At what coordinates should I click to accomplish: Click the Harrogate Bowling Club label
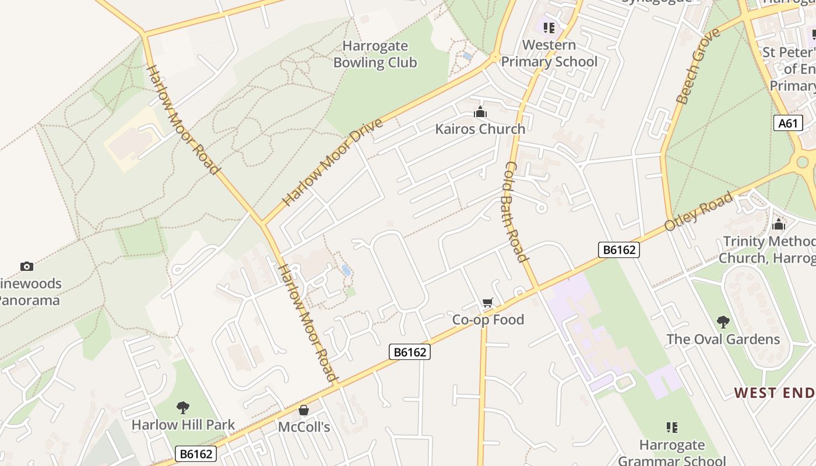tap(375, 54)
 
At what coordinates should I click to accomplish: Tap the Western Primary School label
tap(549, 53)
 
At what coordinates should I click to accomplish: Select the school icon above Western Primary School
tap(548, 27)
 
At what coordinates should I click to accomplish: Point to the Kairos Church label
tap(480, 129)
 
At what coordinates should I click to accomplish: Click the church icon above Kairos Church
tap(480, 112)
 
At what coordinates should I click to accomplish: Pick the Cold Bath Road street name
tap(515, 211)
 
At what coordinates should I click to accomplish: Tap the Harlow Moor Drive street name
tap(333, 162)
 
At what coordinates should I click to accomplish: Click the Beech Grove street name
tap(698, 66)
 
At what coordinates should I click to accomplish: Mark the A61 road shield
tap(788, 123)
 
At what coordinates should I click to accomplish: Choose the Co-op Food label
tap(488, 319)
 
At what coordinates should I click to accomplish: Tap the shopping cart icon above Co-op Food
tap(488, 302)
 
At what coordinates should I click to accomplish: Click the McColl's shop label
tap(304, 427)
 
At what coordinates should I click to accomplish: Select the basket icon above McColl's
tap(304, 410)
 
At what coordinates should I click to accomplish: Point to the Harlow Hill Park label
tap(183, 424)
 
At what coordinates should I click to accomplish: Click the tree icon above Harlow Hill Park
tap(183, 407)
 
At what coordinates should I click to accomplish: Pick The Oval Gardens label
tap(723, 339)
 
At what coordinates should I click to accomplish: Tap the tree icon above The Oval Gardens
tap(723, 322)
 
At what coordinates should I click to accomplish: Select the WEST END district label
tap(774, 393)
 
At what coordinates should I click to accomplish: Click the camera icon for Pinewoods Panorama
tap(26, 266)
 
